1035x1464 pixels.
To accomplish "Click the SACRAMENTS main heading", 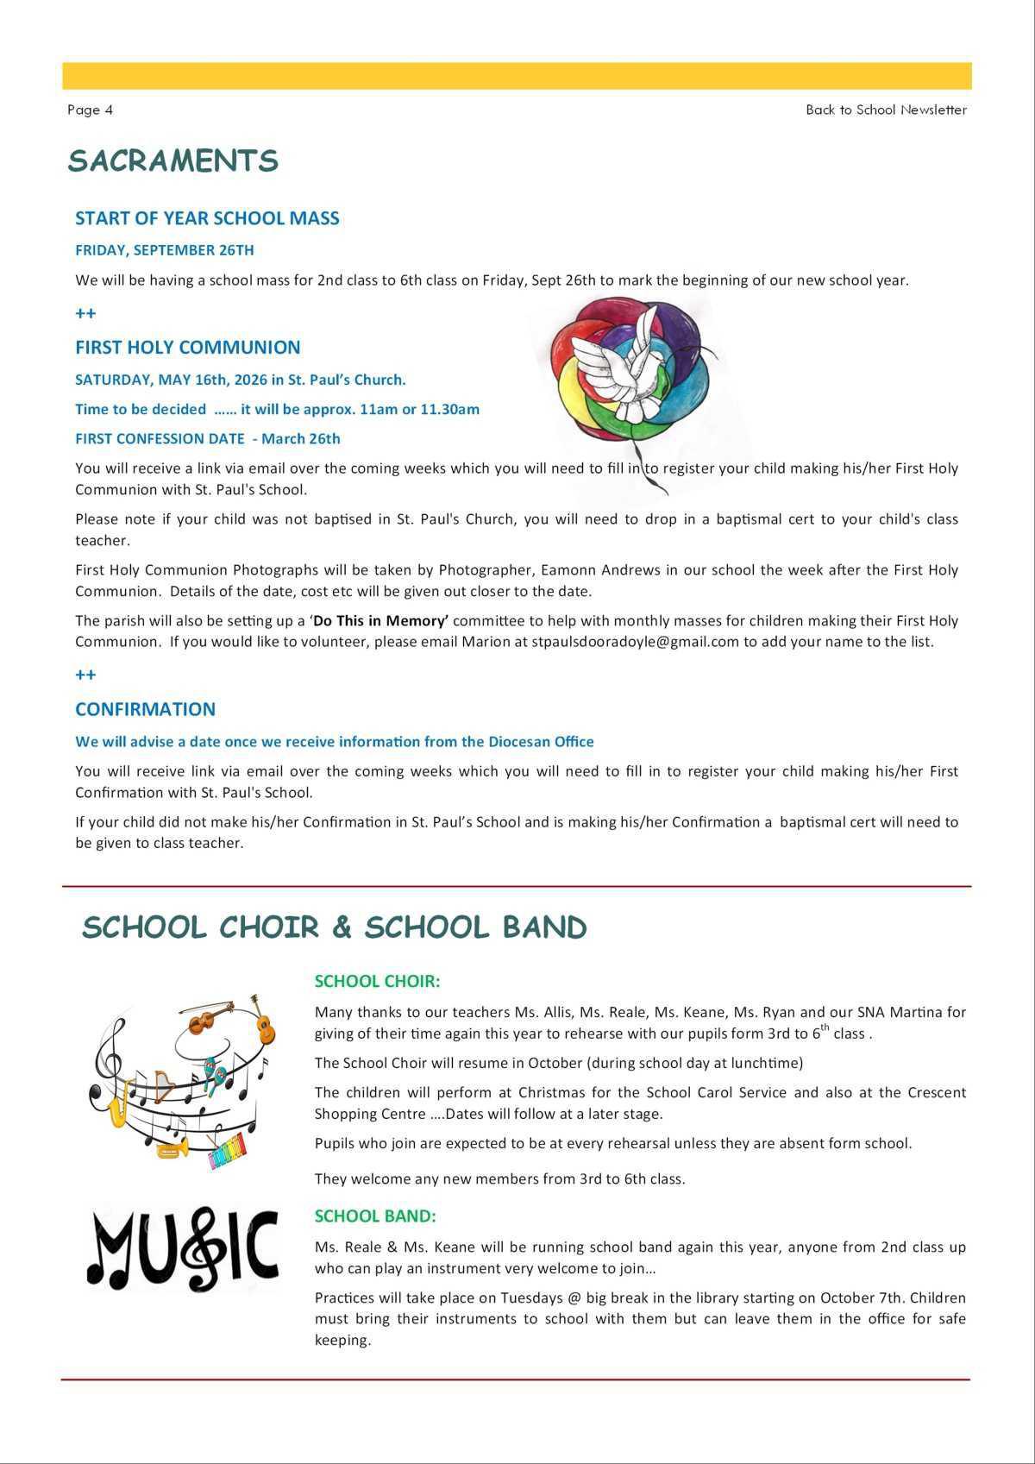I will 172,161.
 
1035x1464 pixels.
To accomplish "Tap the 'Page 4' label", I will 90,110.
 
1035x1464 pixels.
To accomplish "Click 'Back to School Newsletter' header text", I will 886,110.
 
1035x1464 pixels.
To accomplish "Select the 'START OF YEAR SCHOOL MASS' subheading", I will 207,218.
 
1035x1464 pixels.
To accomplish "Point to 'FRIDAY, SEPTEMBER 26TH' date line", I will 164,250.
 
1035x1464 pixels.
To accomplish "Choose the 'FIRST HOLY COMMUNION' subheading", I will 187,348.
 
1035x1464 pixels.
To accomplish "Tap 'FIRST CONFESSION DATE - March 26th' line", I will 207,438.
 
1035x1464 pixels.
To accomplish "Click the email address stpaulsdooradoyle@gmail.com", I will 635,642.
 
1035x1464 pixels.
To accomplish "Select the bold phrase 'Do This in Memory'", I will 380,621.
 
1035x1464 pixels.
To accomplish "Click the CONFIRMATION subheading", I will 145,709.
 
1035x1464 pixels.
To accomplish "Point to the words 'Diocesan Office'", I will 541,742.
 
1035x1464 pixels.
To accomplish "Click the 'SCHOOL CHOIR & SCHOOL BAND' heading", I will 334,928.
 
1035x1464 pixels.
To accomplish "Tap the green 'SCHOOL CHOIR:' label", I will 377,982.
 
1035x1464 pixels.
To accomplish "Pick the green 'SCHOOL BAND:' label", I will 375,1216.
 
